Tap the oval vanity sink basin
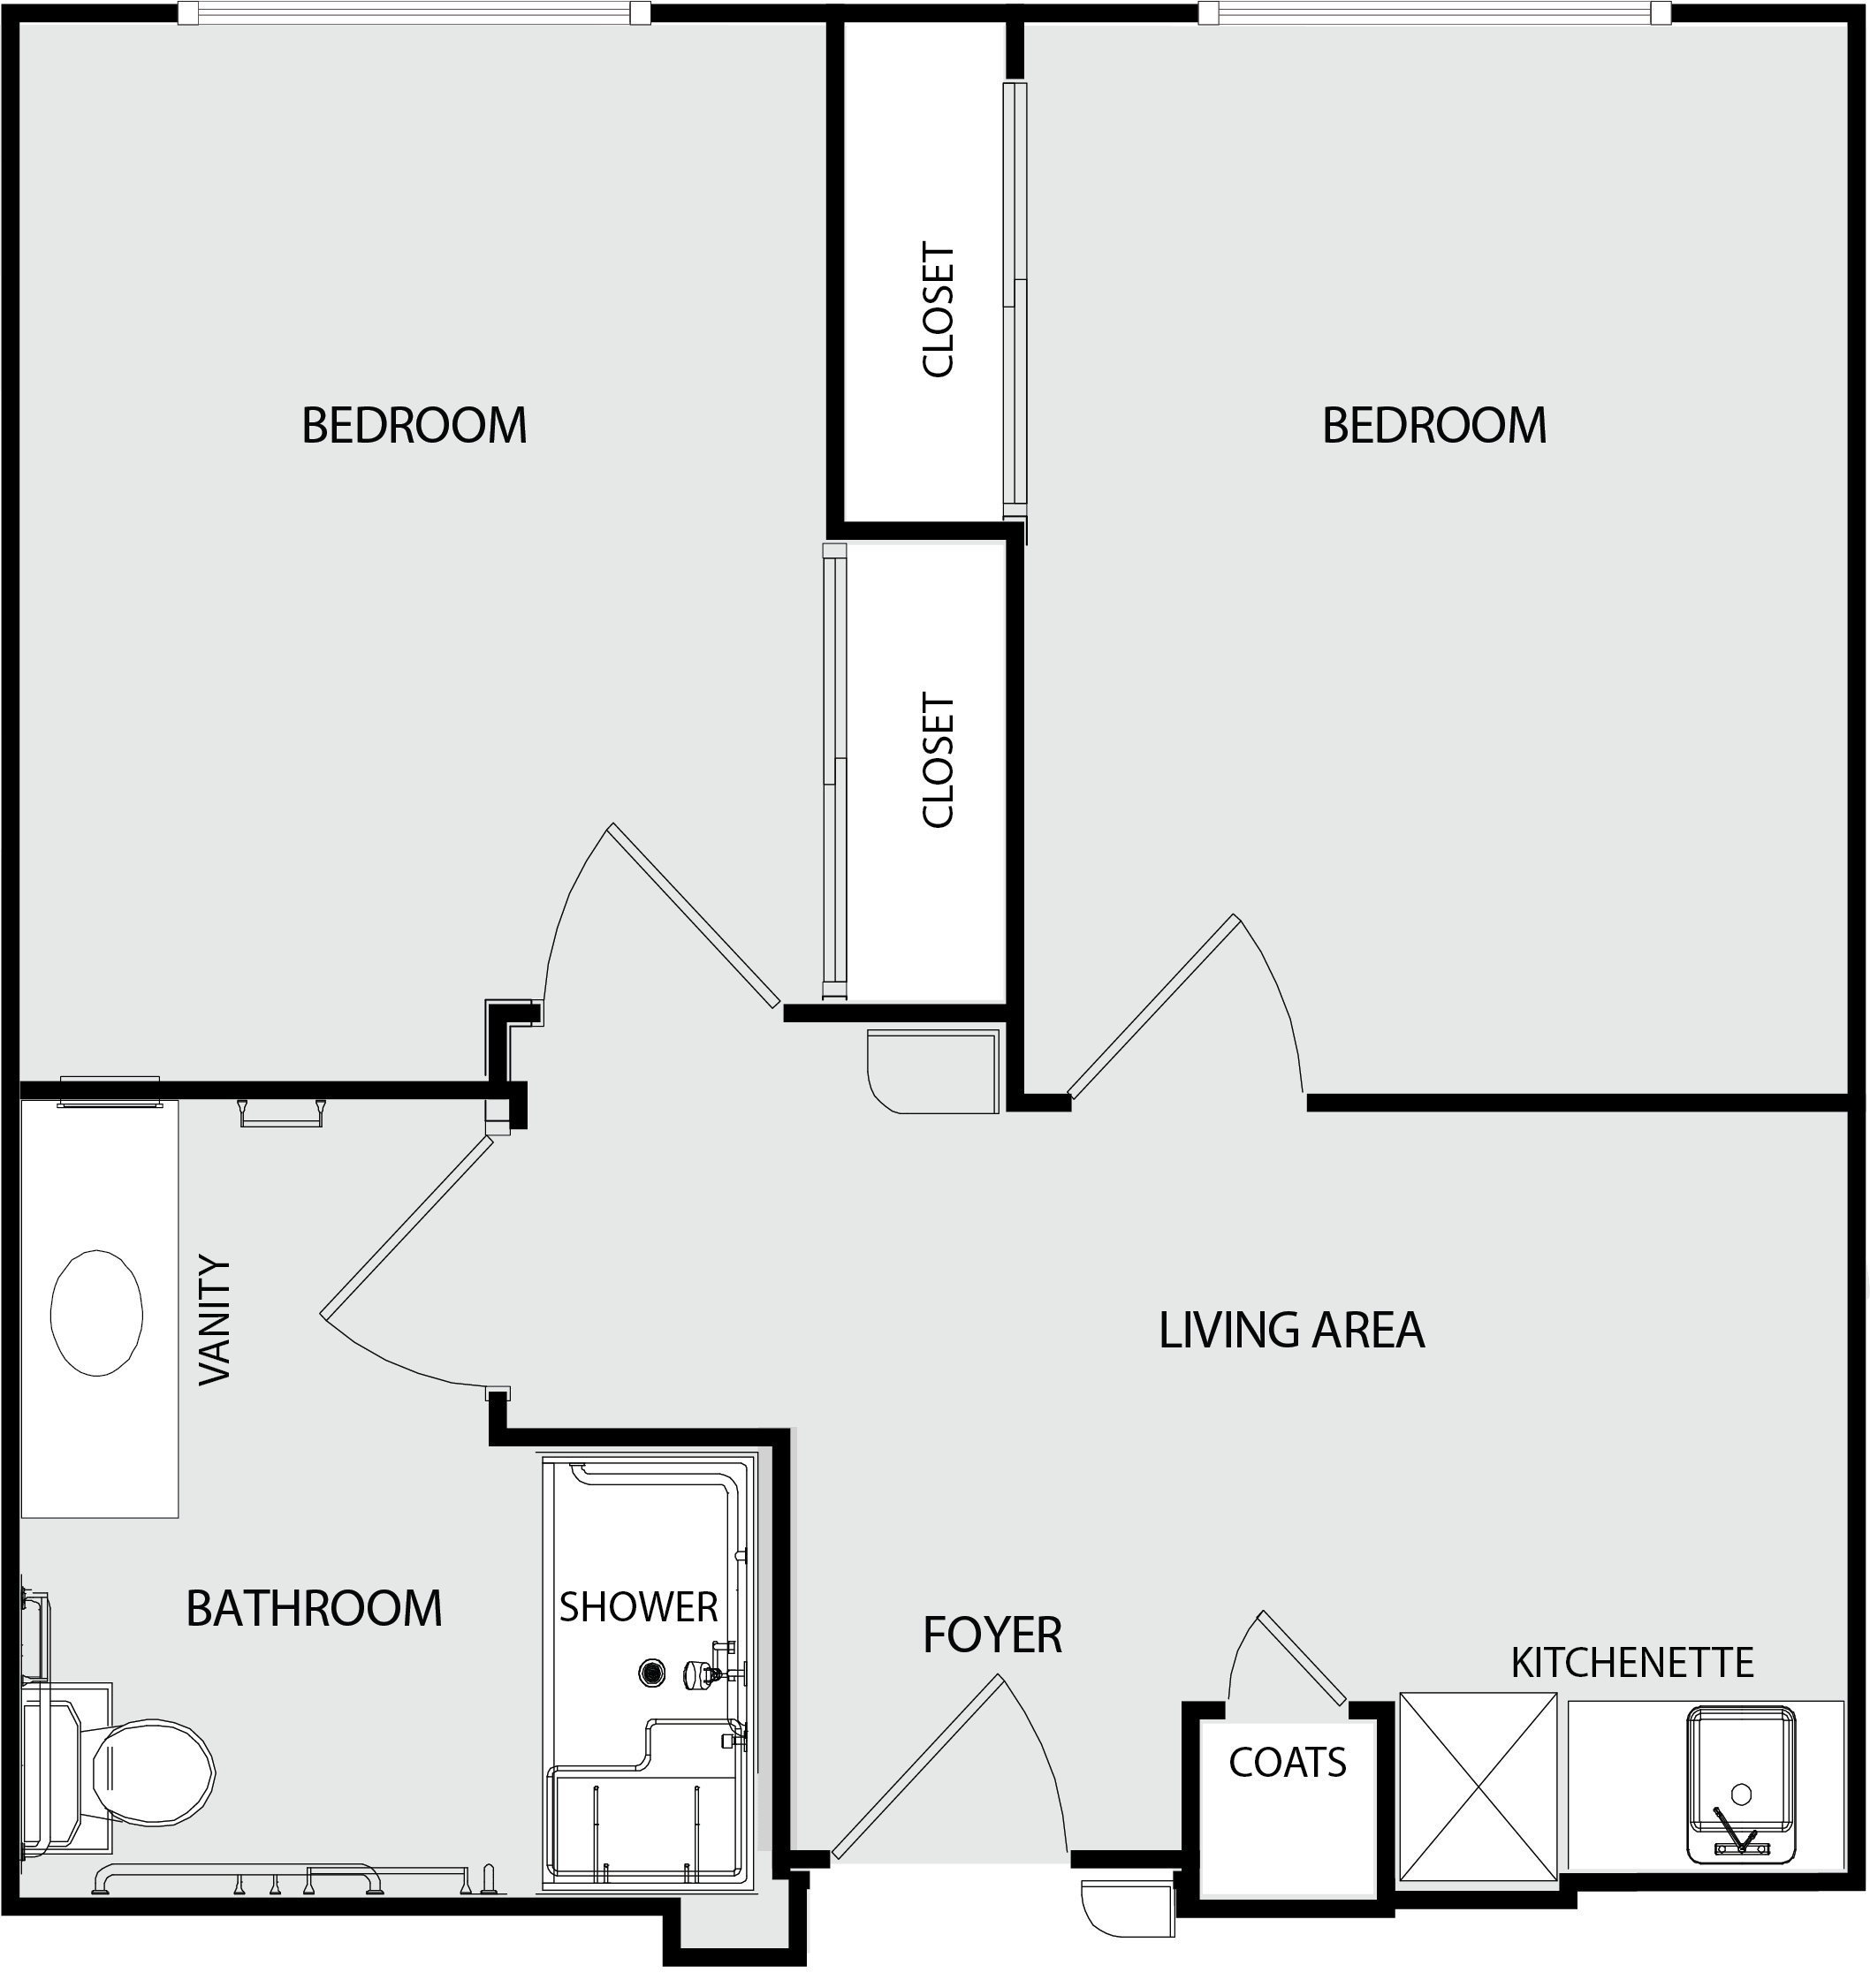[96, 1313]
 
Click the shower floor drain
[652, 1672]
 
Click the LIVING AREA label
[1291, 1330]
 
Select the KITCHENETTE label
[1632, 1663]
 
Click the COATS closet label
[1287, 1763]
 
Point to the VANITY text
[215, 1320]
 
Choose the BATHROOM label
[314, 1609]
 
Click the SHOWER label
[638, 1607]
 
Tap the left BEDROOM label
[414, 425]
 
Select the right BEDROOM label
[1434, 425]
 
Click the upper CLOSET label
[938, 309]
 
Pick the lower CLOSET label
[938, 760]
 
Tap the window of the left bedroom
[414, 13]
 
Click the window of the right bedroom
[1435, 13]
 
